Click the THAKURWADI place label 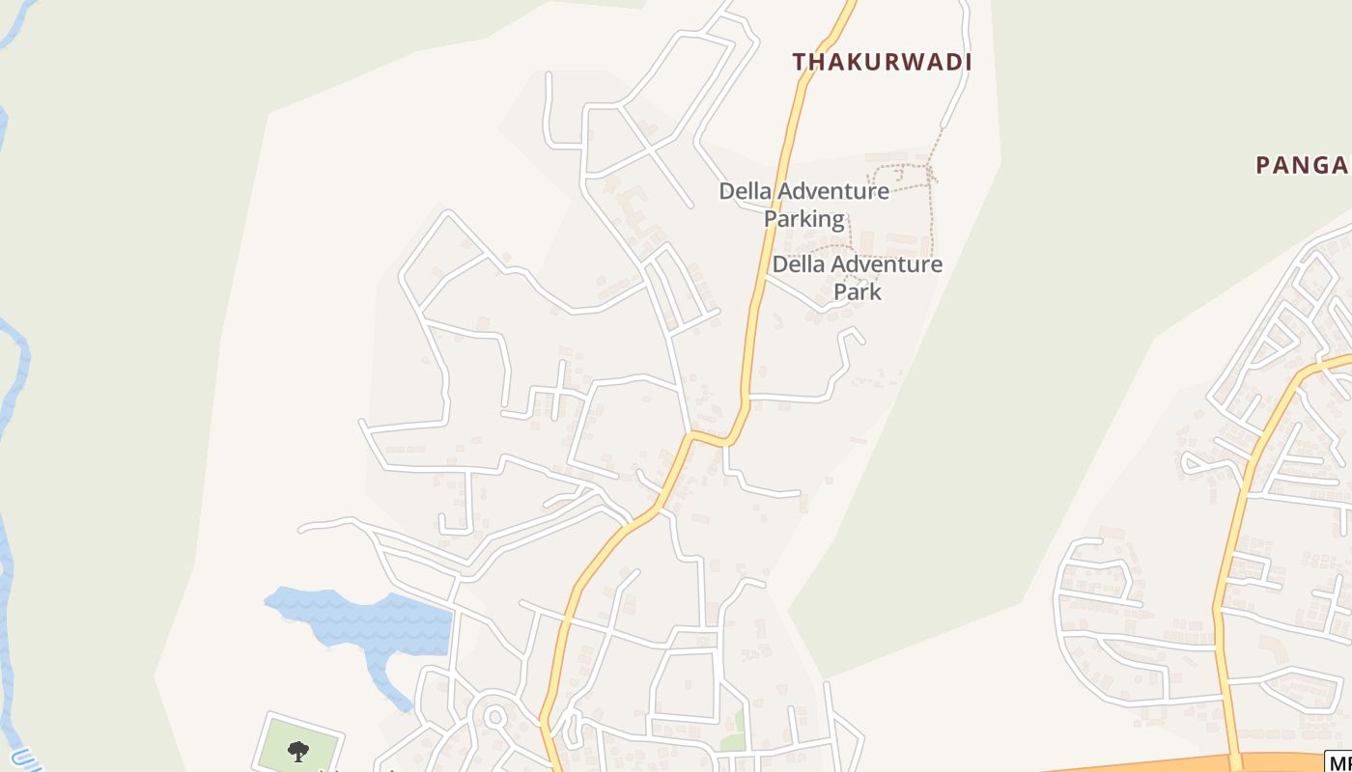[x=881, y=63]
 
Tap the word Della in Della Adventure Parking [x=745, y=191]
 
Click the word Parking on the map [x=803, y=219]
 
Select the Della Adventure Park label [x=857, y=277]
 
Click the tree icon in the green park [x=298, y=750]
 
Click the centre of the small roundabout [x=495, y=717]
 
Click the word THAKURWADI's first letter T [x=800, y=63]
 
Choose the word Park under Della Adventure [x=858, y=290]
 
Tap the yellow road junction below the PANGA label [x=1299, y=376]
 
